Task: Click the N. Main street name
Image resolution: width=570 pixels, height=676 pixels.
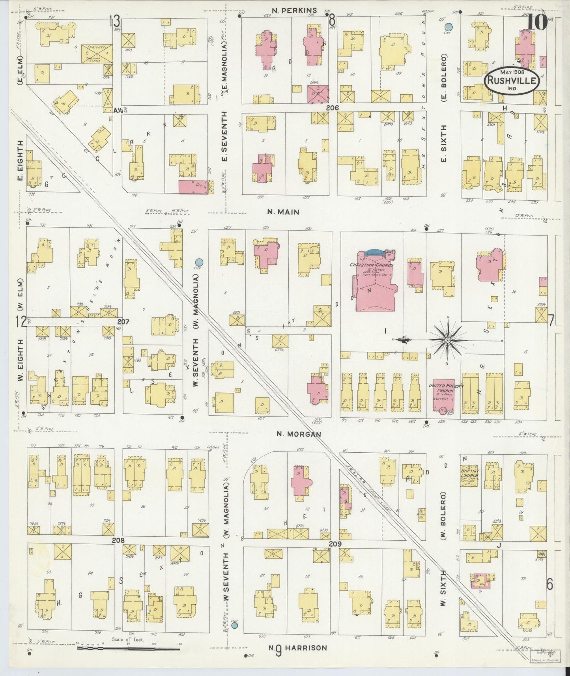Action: click(x=283, y=212)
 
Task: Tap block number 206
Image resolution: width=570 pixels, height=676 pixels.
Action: click(x=333, y=107)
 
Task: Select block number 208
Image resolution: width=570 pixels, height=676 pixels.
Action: click(x=118, y=540)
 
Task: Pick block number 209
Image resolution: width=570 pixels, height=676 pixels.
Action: click(x=335, y=544)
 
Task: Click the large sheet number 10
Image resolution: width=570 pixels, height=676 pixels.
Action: click(x=538, y=22)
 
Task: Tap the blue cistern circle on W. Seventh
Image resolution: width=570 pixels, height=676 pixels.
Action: click(x=199, y=262)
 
